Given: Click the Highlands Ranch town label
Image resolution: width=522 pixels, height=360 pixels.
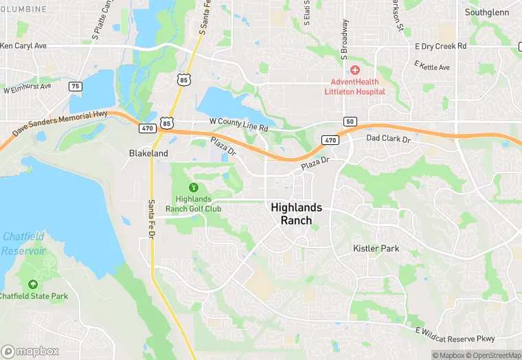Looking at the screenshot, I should coord(301,213).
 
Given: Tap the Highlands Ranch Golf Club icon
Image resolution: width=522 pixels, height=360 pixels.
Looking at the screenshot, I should coord(194,188).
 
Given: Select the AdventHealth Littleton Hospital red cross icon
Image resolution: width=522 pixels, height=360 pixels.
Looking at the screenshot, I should coord(355,71).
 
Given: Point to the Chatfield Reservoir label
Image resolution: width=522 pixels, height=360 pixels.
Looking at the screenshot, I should coord(23,243).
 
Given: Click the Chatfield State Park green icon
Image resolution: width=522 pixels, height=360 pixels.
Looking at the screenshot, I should coord(32,284).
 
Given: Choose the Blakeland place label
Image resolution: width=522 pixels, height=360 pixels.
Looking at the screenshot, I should coord(148,154).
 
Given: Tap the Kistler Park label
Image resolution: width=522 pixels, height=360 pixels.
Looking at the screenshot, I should coord(376,248).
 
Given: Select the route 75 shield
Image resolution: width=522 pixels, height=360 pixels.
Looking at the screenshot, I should coord(76,86).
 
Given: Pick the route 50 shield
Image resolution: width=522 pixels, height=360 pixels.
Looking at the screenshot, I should coord(350,122).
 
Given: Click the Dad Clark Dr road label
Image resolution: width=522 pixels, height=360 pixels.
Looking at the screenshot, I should coord(388,139).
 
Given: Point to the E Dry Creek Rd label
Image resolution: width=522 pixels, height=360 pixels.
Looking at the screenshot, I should coord(441,45).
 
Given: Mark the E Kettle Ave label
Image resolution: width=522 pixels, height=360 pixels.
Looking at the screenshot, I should coord(432,66).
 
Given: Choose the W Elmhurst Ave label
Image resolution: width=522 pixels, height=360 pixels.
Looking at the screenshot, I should coord(27,89).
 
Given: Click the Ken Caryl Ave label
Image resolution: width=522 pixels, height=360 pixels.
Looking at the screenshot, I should coord(23,46).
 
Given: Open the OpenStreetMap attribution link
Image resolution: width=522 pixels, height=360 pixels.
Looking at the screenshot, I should coord(493,355).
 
